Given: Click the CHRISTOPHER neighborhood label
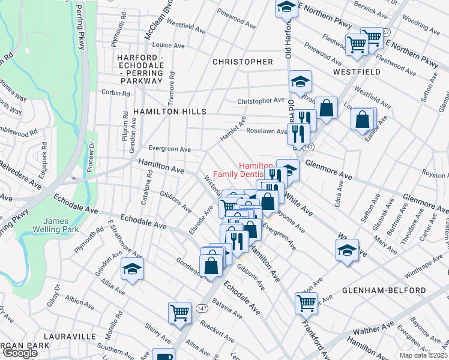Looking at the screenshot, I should click(x=243, y=62).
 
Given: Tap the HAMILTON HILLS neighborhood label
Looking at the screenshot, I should click(x=170, y=112).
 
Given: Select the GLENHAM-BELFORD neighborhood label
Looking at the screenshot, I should click(x=384, y=290).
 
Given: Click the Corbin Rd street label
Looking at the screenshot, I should click(x=116, y=94).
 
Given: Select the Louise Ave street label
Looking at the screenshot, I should click(x=169, y=45).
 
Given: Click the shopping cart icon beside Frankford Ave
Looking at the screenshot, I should click(x=306, y=303).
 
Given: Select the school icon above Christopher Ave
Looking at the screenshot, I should click(x=301, y=81).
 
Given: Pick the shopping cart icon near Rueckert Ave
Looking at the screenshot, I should click(x=180, y=312).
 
